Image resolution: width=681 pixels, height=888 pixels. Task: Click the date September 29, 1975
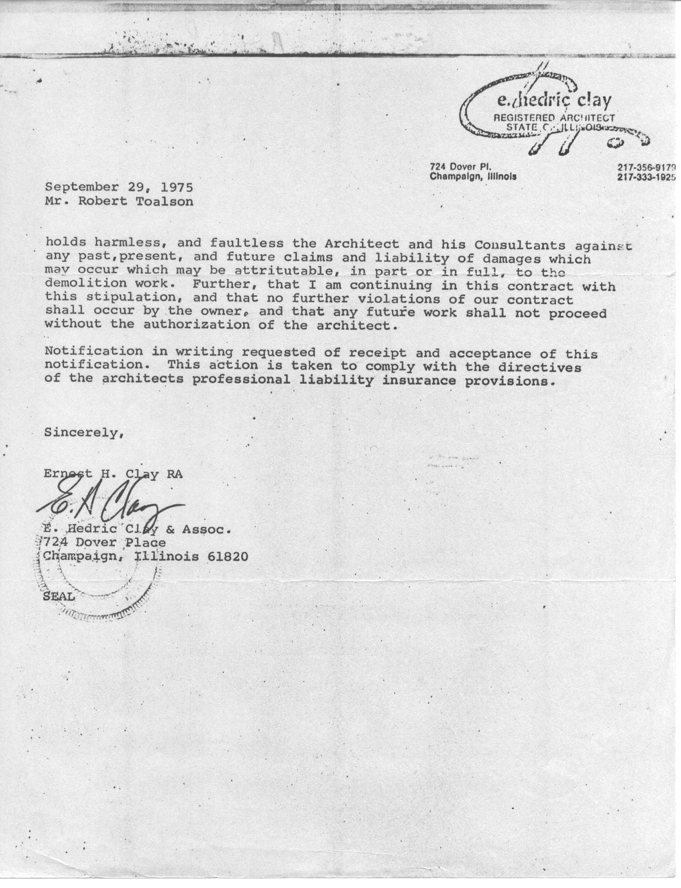119,187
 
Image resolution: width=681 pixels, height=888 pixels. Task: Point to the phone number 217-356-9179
647,167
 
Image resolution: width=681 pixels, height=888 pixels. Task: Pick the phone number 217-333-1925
647,177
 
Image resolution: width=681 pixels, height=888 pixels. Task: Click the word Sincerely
85,432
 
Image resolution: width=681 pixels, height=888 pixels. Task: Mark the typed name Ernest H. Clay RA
113,473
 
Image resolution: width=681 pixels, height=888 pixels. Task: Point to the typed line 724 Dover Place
105,543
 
